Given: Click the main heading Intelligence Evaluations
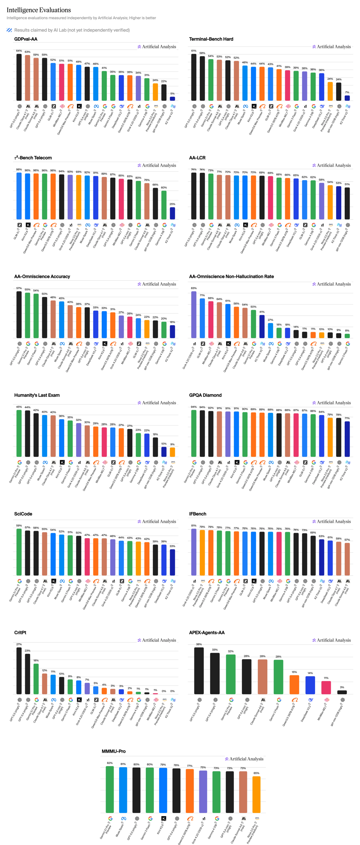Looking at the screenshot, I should pyautogui.click(x=39, y=10).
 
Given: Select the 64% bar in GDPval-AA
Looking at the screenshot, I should pyautogui.click(x=19, y=77).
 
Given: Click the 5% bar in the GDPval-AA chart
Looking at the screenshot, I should pyautogui.click(x=172, y=98).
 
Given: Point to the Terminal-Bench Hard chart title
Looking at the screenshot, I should pyautogui.click(x=211, y=39).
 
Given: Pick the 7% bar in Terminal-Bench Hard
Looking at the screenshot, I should pyautogui.click(x=347, y=98).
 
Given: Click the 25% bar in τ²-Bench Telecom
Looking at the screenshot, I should pyautogui.click(x=172, y=213).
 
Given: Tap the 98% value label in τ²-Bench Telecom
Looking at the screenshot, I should pyautogui.click(x=19, y=170).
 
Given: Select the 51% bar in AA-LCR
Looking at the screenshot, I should pyautogui.click(x=347, y=204).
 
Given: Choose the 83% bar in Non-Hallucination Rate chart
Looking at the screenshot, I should pyautogui.click(x=194, y=315).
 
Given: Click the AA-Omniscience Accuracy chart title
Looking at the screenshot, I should pyautogui.click(x=42, y=276).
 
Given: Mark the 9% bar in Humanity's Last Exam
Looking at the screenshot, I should pyautogui.click(x=172, y=452).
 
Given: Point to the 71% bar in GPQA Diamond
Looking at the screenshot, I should pyautogui.click(x=347, y=439).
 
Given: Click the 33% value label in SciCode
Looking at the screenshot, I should pyautogui.click(x=172, y=546).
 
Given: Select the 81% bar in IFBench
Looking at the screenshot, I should pyautogui.click(x=194, y=552).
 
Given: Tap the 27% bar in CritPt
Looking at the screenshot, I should pyautogui.click(x=19, y=671).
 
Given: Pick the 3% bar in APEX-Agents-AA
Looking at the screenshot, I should pyautogui.click(x=342, y=692).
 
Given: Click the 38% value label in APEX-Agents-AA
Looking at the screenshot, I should pyautogui.click(x=199, y=644).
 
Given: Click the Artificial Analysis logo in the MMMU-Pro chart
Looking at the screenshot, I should pyautogui.click(x=244, y=759).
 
